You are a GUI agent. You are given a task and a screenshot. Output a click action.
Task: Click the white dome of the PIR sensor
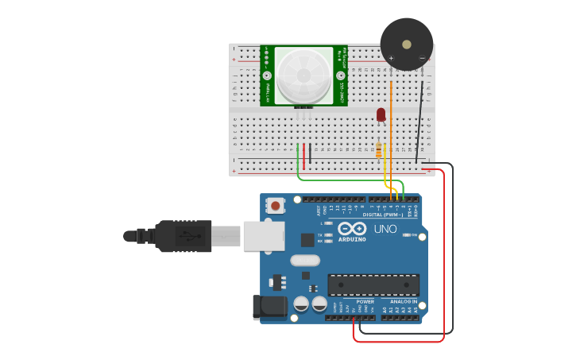[x=303, y=76]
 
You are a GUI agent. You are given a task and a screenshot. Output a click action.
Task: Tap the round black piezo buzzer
[x=407, y=40]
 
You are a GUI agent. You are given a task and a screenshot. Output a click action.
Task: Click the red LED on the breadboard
[x=381, y=114]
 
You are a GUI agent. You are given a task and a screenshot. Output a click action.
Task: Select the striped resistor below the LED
[x=378, y=149]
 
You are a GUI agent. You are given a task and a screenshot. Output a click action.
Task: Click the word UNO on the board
[x=385, y=229]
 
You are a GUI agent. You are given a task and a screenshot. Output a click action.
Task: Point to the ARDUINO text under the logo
[x=352, y=239]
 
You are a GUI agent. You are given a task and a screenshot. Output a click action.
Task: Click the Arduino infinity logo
[x=350, y=228]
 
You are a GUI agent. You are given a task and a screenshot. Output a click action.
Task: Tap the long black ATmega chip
[x=373, y=285]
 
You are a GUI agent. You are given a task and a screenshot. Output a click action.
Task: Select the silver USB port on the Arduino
[x=264, y=236]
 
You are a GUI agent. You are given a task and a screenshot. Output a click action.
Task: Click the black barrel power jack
[x=269, y=308]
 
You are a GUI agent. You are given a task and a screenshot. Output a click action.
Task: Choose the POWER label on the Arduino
[x=365, y=302]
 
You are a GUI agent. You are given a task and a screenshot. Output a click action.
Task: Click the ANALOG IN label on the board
[x=404, y=302]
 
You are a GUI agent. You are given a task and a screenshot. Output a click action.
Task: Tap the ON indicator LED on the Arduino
[x=406, y=235]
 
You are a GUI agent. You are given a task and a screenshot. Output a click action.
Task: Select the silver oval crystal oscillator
[x=304, y=261]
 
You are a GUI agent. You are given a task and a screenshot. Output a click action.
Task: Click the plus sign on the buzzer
[x=391, y=58]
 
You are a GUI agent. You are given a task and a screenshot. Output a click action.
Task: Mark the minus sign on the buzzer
[x=422, y=58]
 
